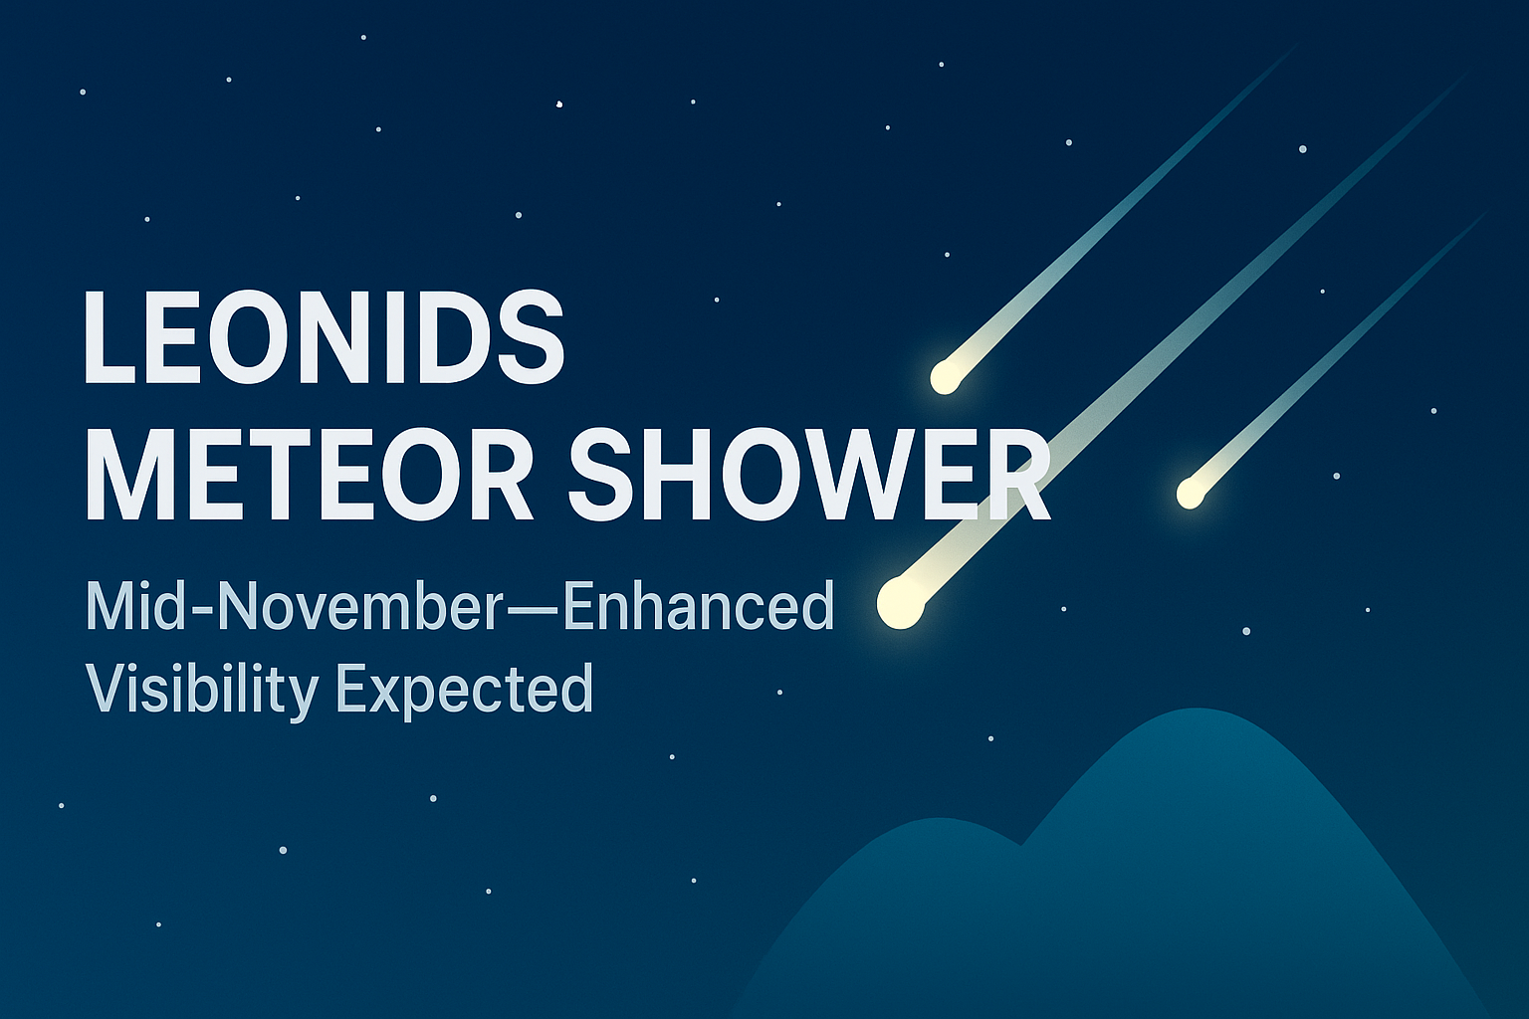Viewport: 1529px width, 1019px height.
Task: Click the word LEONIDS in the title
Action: [x=324, y=338]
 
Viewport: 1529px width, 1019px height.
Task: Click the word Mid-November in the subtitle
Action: [x=294, y=606]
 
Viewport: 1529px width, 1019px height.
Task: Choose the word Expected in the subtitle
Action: [x=464, y=690]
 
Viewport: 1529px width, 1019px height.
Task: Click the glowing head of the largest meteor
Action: [x=900, y=602]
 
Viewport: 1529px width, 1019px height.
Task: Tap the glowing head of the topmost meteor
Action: [x=946, y=375]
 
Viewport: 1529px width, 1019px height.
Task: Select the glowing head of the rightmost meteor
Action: [x=1190, y=493]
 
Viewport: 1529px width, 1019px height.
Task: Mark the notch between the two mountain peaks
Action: [x=1022, y=845]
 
